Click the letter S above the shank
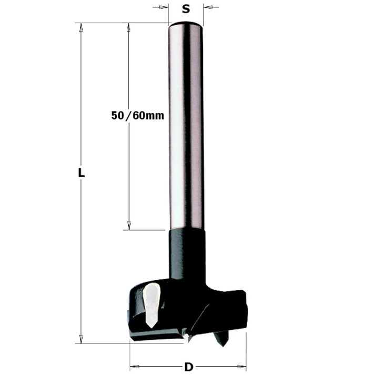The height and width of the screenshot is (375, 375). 185,8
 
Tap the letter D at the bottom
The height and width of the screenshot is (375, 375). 188,366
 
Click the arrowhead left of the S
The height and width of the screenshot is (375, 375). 164,7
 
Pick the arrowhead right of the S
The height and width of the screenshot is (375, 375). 207,7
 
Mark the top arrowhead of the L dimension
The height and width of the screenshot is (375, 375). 81,27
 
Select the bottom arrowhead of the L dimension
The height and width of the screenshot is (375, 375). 81,339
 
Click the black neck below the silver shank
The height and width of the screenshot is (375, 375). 187,252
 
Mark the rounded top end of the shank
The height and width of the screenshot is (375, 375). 185,24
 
